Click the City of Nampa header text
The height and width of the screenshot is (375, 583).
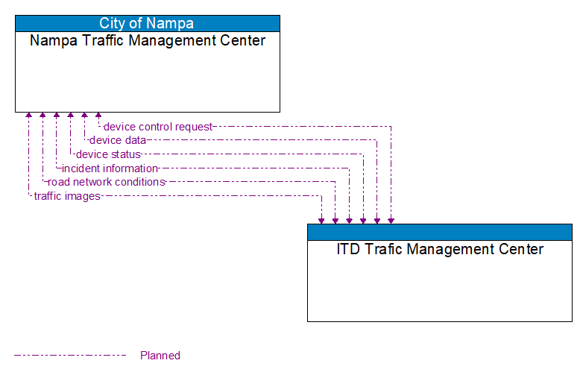tap(147, 23)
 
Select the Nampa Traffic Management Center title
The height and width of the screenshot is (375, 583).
tap(147, 41)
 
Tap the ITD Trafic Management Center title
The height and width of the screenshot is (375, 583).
tap(440, 250)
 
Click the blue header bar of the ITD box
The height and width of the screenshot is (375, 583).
tap(440, 232)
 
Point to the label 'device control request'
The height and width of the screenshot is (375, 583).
tap(157, 127)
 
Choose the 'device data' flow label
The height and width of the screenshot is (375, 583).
tap(117, 140)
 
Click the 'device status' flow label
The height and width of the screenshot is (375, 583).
tap(108, 154)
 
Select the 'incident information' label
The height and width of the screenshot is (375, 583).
tap(110, 168)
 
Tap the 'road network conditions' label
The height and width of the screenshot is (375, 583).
tap(106, 182)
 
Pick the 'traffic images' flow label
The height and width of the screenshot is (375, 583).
tap(67, 196)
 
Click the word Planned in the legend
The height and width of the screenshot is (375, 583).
tap(160, 356)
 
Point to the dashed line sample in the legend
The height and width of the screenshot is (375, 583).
tap(70, 356)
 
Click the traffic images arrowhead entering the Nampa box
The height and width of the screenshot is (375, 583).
tap(28, 116)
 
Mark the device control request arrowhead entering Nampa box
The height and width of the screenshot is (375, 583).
tap(98, 116)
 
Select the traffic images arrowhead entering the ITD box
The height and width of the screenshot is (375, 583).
tap(321, 220)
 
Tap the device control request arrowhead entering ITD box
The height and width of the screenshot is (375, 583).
tap(391, 220)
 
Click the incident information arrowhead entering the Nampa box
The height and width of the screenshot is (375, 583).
tap(57, 116)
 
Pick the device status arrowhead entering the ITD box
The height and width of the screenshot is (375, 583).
tap(363, 220)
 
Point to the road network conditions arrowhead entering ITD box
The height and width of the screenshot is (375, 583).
tap(335, 220)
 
